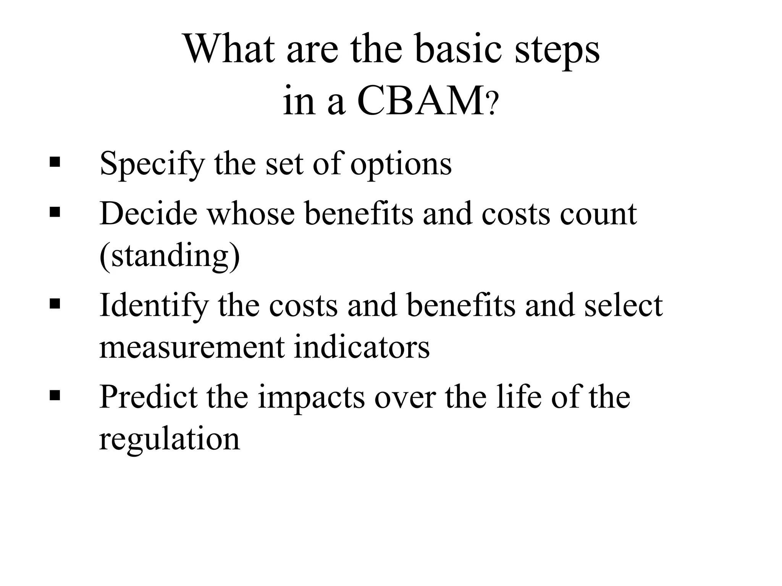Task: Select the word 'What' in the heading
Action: point(229,50)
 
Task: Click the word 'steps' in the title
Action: point(557,51)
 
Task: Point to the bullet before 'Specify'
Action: point(55,162)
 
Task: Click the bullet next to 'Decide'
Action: point(55,212)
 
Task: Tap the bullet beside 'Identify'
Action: point(55,304)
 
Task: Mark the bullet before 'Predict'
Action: point(55,396)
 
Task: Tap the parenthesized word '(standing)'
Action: point(170,256)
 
